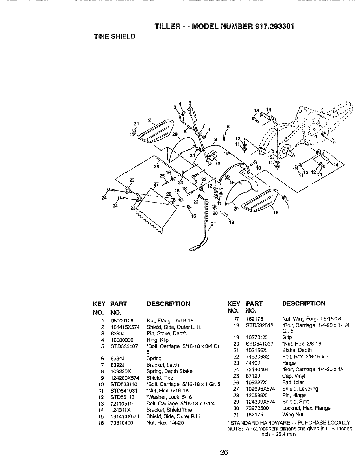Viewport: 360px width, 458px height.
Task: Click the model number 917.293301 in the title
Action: click(274, 26)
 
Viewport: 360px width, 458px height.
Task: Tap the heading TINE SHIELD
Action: click(115, 36)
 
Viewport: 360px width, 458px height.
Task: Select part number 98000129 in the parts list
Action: click(122, 320)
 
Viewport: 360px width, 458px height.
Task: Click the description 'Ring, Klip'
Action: click(158, 340)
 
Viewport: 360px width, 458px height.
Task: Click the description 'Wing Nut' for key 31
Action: click(293, 415)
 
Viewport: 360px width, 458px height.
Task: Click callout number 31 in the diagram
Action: click(136, 124)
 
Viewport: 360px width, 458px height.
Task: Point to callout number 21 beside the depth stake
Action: click(213, 224)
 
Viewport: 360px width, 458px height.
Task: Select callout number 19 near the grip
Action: click(231, 222)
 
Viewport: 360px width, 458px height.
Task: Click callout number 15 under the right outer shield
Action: click(276, 213)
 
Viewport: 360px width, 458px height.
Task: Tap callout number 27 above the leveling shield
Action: click(156, 184)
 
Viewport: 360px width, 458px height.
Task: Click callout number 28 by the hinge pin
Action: click(156, 166)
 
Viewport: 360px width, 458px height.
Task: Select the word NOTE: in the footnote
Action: click(235, 429)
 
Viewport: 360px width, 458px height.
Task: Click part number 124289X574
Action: click(125, 378)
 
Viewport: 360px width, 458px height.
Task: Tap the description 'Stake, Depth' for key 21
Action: click(297, 350)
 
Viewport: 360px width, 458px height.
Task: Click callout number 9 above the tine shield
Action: click(215, 139)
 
